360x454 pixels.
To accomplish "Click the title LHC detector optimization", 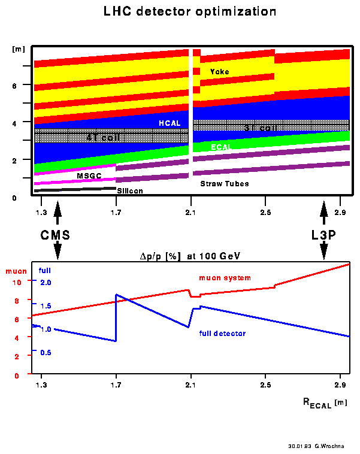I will point(179,11).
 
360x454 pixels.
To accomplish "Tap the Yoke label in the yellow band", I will point(219,72).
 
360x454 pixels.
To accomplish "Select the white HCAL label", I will point(169,123).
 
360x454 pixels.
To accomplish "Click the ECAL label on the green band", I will point(221,146).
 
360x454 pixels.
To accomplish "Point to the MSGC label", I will point(89,175).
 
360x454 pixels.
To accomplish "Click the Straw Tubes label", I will point(224,183).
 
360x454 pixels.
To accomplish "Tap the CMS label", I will point(55,235).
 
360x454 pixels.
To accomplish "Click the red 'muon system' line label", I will point(225,278).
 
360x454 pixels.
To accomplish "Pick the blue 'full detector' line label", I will point(222,332).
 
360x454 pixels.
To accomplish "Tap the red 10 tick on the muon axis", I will point(17,282).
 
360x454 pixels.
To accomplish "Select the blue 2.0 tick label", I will point(46,282).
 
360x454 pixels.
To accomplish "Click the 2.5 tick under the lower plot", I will point(264,382).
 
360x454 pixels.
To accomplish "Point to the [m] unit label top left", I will point(17,48).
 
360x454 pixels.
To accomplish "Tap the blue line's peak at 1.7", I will point(116,295).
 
